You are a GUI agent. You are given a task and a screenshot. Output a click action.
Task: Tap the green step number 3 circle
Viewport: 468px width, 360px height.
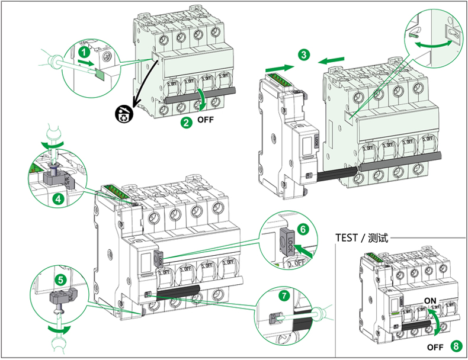[303, 55]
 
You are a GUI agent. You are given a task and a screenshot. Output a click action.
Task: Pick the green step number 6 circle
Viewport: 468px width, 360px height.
[303, 228]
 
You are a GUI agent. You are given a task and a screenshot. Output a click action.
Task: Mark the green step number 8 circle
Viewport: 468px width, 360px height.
[454, 346]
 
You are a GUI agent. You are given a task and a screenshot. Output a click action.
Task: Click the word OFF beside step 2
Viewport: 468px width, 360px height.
[206, 121]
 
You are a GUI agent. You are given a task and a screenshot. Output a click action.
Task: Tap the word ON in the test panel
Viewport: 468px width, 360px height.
[431, 301]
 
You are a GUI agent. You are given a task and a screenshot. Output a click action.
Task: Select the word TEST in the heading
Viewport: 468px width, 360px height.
[346, 238]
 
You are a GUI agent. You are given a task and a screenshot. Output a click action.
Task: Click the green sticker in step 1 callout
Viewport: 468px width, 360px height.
[99, 73]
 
